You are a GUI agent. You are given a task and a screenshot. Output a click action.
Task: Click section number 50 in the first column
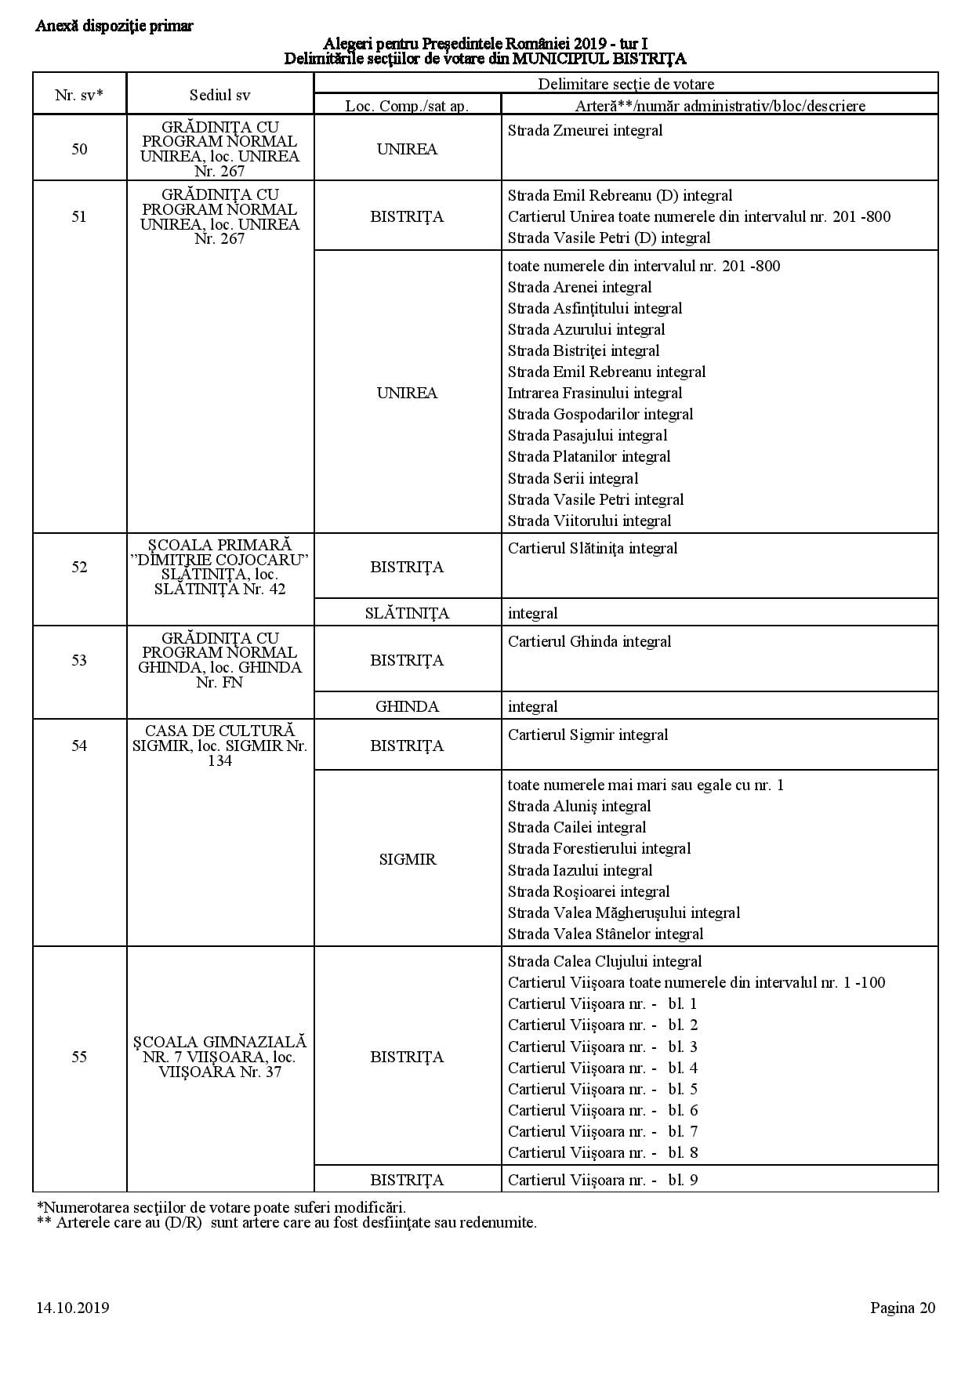(79, 149)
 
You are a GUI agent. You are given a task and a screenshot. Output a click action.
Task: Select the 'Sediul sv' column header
(219, 95)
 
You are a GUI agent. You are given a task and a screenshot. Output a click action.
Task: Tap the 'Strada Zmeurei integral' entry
(585, 131)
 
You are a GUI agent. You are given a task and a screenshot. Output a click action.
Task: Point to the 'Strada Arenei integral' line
(579, 287)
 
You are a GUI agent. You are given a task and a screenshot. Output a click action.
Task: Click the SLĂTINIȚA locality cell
(407, 613)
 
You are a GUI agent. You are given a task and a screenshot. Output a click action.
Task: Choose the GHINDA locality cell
(407, 706)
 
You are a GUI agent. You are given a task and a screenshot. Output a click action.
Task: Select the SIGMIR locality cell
(407, 859)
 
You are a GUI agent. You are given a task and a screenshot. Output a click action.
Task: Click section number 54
(79, 746)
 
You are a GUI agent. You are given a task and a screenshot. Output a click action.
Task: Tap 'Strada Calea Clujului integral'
(604, 961)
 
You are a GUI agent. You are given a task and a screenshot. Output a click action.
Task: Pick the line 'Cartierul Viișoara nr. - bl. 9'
(602, 1180)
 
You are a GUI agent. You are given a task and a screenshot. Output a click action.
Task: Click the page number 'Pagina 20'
(902, 1308)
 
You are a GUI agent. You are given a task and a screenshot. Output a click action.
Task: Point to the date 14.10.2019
(72, 1308)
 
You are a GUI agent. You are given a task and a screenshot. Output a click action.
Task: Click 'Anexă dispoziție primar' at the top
(114, 26)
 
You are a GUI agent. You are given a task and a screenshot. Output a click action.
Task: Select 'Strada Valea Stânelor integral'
(605, 934)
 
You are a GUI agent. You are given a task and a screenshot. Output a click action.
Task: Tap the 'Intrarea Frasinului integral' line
(594, 393)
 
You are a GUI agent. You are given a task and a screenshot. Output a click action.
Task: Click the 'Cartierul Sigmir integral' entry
(588, 735)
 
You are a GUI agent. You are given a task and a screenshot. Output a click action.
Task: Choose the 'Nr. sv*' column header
(79, 95)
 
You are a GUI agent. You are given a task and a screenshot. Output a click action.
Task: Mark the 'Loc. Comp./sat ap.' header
(407, 106)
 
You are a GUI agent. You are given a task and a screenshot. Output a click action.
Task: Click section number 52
(79, 567)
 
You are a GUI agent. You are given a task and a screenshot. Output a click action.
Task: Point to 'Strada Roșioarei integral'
(589, 891)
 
